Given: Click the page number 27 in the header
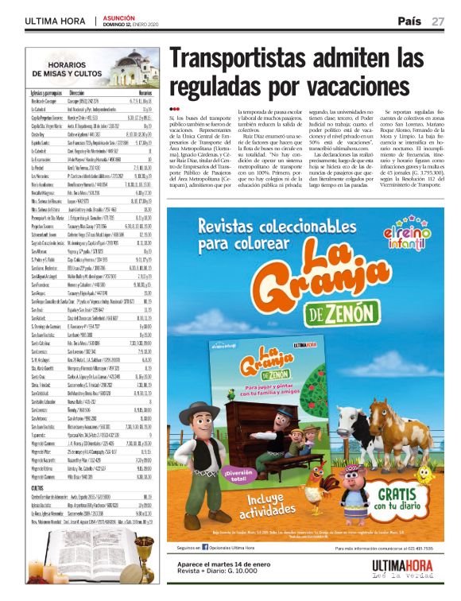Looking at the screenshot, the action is pos(437,21).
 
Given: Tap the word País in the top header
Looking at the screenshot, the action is pos(409,21).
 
